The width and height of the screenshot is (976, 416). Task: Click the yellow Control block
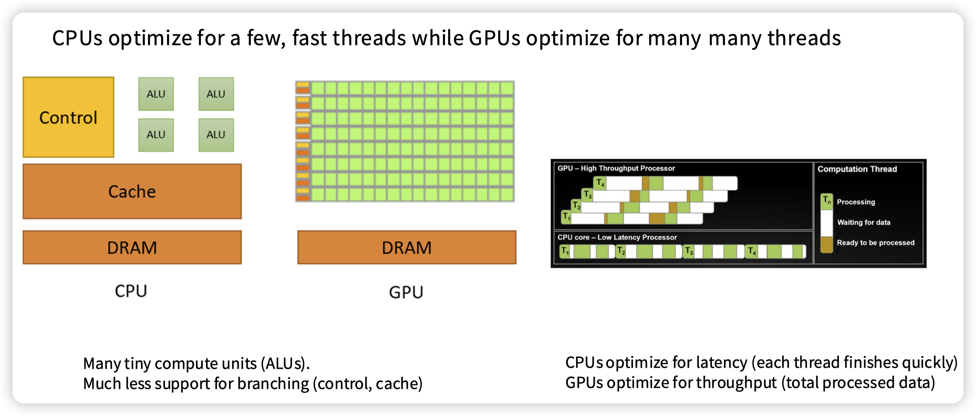(68, 117)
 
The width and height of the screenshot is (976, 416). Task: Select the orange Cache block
(132, 191)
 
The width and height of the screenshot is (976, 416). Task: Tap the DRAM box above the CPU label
(132, 248)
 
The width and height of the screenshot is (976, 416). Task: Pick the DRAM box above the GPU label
(407, 248)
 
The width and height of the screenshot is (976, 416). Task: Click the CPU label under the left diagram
(131, 291)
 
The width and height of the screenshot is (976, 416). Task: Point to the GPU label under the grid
(406, 292)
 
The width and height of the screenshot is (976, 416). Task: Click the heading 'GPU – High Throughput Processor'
(616, 168)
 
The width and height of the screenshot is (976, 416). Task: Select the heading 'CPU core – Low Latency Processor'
(617, 237)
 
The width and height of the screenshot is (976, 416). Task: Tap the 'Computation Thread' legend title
(857, 169)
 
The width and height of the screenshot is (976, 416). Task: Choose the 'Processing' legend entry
(855, 202)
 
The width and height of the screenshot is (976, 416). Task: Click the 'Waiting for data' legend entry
(863, 223)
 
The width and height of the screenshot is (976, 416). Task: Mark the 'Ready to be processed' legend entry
(875, 242)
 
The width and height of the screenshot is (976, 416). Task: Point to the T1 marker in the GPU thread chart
(566, 217)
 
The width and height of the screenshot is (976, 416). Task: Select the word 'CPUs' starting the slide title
(77, 38)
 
